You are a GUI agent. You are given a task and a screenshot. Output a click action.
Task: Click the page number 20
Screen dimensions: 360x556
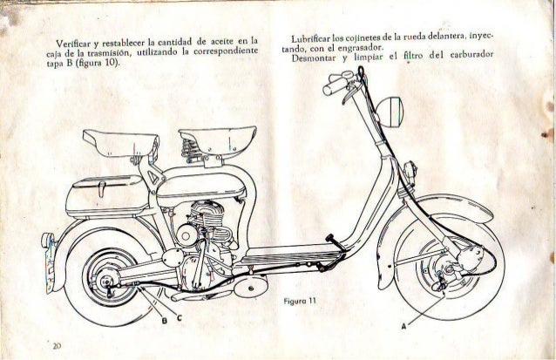click(x=56, y=345)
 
